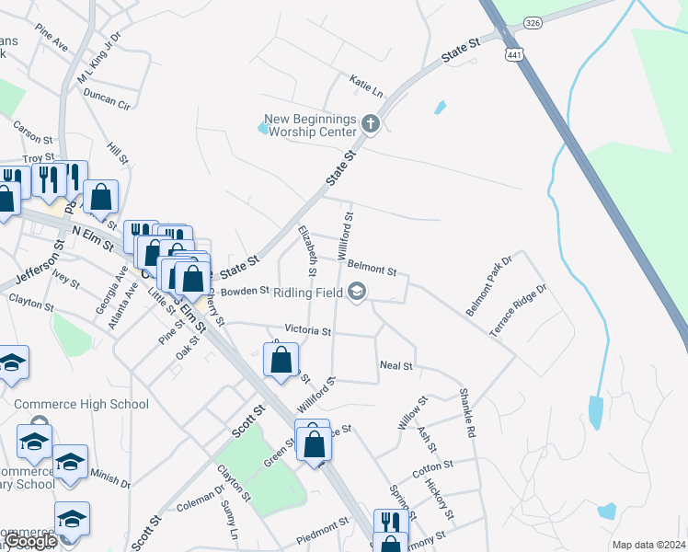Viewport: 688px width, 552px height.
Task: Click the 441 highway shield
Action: point(511,54)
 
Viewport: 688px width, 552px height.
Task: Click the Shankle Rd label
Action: point(466,410)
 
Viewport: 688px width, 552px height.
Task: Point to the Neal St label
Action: point(396,365)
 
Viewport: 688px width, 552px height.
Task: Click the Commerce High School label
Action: point(81,404)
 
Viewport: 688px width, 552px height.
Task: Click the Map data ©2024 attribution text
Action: point(648,545)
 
